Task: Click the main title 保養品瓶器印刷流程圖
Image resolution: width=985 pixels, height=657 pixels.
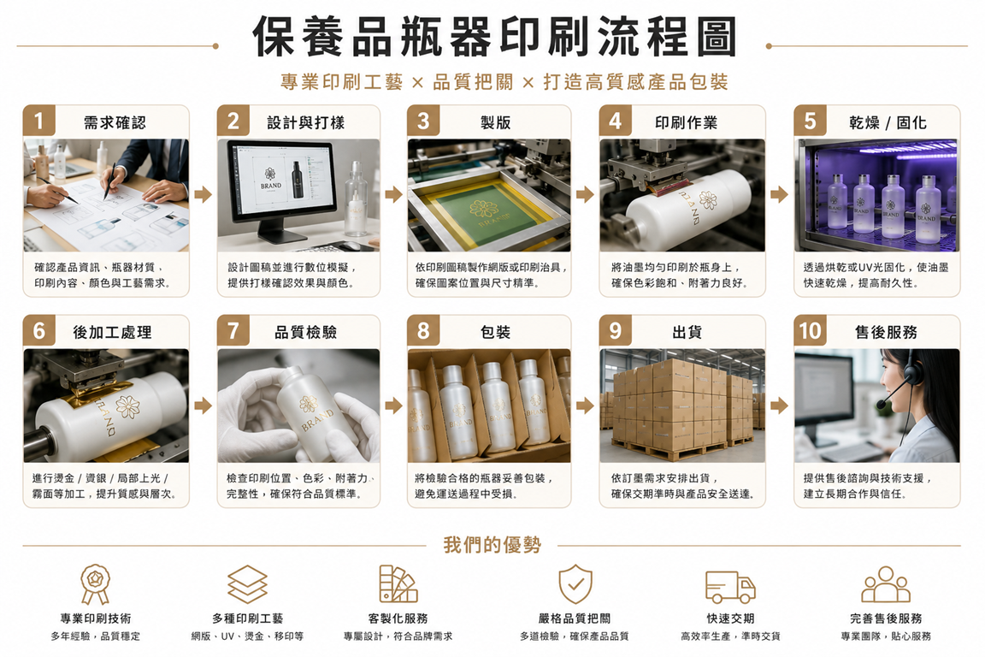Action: click(x=493, y=37)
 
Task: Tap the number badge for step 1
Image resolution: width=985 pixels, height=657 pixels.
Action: click(x=39, y=121)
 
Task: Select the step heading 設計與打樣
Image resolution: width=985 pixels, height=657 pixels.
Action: click(x=306, y=122)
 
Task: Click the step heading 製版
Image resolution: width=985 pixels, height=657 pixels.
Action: click(x=496, y=122)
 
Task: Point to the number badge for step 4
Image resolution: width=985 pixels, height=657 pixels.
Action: click(x=615, y=121)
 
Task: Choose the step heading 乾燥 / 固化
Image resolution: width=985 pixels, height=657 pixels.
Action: click(x=888, y=122)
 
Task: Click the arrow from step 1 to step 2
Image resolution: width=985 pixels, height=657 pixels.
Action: click(x=203, y=194)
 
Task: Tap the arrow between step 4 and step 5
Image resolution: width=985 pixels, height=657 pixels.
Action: click(x=779, y=194)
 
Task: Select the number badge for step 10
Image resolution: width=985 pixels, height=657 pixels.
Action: click(x=811, y=331)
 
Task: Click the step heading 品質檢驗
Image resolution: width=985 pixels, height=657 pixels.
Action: click(x=306, y=332)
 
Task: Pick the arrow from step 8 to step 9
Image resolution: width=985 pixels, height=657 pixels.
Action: click(x=585, y=405)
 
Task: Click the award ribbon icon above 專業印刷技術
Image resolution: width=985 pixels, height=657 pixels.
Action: click(x=96, y=583)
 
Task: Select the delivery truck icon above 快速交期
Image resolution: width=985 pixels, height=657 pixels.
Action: click(x=730, y=587)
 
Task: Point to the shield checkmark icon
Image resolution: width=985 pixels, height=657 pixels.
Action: click(x=575, y=583)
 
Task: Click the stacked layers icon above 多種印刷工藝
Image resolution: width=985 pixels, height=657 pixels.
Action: click(x=247, y=584)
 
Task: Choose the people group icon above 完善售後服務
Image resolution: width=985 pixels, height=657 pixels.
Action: click(x=886, y=584)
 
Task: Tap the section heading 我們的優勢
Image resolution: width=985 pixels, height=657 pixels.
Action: click(x=492, y=545)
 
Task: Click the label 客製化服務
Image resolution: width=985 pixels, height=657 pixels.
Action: click(x=398, y=619)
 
